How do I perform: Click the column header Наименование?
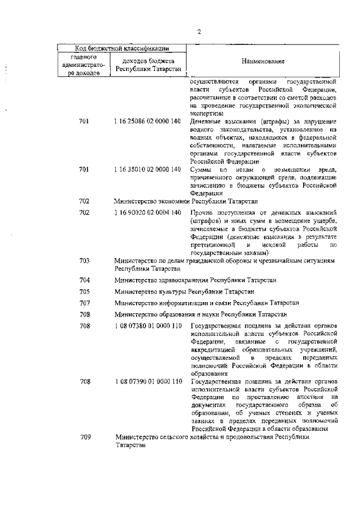263,61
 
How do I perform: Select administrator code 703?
84,261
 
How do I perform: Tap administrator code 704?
84,280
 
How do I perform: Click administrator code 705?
84,291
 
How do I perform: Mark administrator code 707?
84,303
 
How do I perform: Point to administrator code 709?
84,437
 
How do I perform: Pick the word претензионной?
212,245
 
